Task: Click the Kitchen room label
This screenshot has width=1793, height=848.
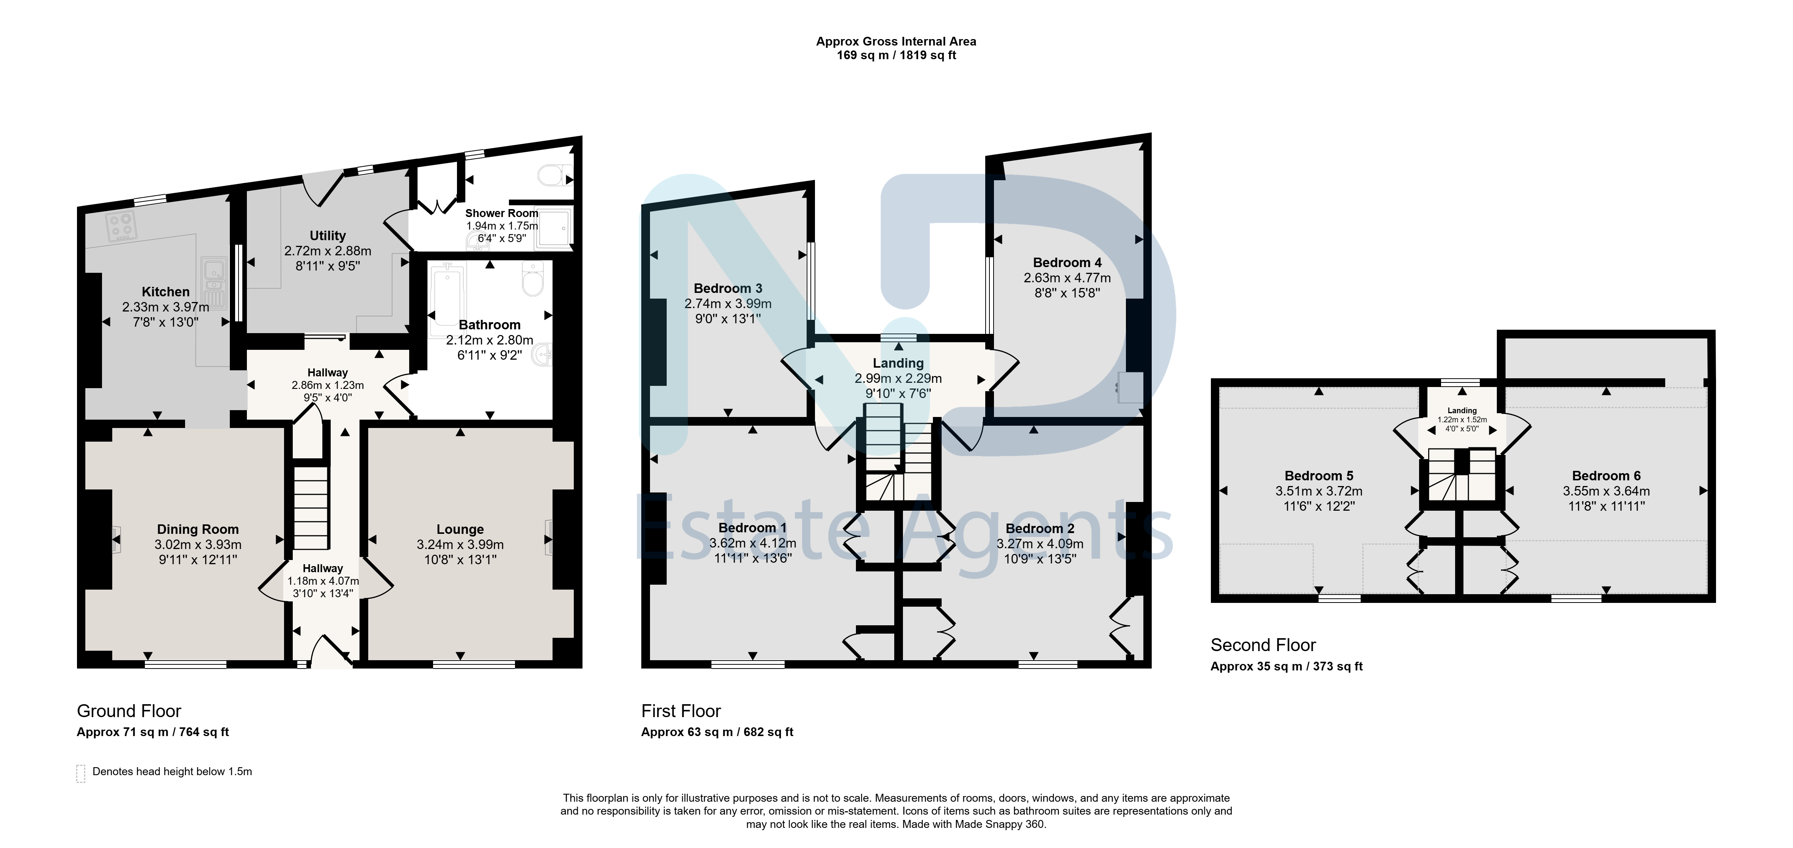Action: (x=166, y=292)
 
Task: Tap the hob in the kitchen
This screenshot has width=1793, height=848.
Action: (x=121, y=226)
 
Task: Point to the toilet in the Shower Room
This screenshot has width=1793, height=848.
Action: (x=556, y=175)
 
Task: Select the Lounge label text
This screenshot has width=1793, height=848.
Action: (x=460, y=529)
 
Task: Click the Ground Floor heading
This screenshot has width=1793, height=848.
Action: (x=129, y=711)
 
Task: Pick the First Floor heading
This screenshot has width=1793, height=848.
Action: (x=681, y=711)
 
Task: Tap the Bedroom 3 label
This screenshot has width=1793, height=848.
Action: (x=728, y=288)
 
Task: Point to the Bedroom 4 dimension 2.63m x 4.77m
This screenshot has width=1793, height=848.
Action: (x=1067, y=278)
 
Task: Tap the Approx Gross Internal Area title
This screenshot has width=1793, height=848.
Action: (x=896, y=42)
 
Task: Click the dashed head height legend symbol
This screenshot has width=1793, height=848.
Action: (x=81, y=774)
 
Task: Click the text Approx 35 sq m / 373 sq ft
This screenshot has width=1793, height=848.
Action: (x=1286, y=666)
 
